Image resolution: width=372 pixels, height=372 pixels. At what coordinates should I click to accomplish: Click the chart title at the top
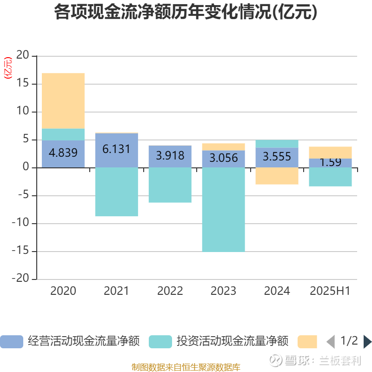tap(186, 12)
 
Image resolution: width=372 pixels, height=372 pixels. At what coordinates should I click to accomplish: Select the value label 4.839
tap(63, 153)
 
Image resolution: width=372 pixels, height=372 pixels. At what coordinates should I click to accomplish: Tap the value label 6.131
tap(116, 149)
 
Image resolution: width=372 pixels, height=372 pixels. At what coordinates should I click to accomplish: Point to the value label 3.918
tap(170, 156)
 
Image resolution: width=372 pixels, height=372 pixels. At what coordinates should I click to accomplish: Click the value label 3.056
tap(223, 158)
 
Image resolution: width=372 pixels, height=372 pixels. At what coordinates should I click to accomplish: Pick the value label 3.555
tap(277, 157)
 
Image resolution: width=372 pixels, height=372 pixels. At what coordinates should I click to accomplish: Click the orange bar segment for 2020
tap(63, 100)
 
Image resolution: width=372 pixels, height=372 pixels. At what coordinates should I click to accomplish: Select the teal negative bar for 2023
tap(223, 209)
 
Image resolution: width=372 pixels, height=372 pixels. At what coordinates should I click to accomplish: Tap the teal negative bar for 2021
tap(116, 192)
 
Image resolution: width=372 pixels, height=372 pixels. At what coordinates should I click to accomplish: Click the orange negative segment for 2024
tap(277, 176)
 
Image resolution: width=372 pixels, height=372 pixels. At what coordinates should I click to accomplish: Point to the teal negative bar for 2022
tap(170, 185)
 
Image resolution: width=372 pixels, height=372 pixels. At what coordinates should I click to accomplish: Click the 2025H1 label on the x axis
tap(330, 291)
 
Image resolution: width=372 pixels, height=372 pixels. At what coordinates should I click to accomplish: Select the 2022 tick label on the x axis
tap(170, 291)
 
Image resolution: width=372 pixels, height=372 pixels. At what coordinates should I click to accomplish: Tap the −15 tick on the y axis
tap(21, 252)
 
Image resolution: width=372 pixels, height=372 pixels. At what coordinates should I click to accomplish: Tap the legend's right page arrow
tap(367, 342)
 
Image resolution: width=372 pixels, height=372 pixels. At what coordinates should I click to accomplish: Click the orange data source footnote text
tap(186, 367)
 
